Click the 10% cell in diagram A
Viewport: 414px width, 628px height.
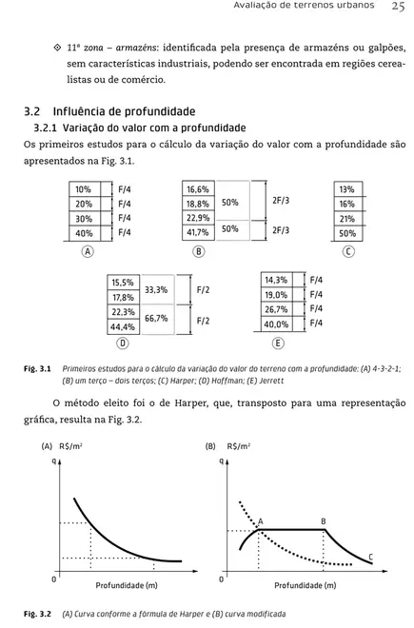coord(86,189)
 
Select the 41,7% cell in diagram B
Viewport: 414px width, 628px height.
coord(197,231)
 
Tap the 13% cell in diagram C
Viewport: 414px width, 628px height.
coord(346,189)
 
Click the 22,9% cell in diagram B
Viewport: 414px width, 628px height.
coord(197,218)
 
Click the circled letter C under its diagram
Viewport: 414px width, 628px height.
coord(348,251)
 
